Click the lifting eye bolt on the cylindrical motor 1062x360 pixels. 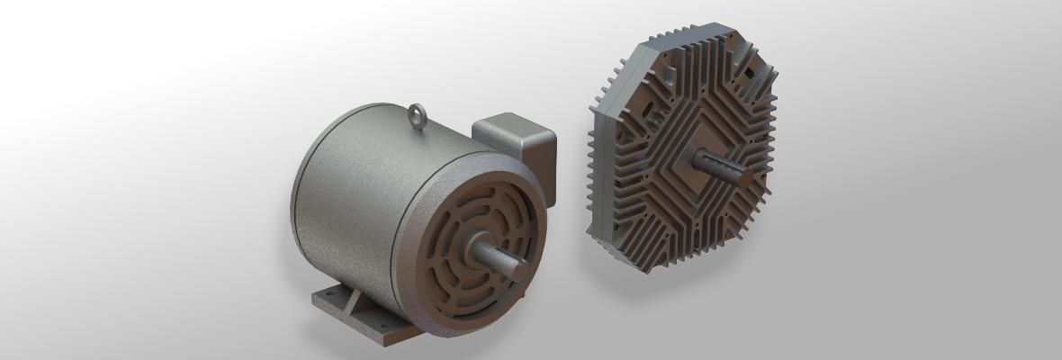(417, 115)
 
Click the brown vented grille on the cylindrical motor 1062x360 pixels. (450, 279)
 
